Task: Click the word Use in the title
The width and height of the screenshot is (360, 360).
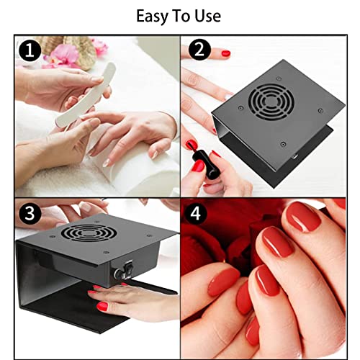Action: [207, 17]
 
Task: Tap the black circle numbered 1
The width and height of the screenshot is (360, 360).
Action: [30, 50]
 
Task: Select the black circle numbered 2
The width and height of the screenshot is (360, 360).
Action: [199, 50]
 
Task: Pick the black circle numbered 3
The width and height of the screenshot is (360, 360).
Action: [30, 213]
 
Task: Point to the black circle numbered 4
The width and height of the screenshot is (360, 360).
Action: [196, 213]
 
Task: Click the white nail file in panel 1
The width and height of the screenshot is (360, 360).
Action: [86, 94]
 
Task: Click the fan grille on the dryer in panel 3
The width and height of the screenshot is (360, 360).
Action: [89, 233]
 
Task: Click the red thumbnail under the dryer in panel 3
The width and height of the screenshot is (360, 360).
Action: [102, 307]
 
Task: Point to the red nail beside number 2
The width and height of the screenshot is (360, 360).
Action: [226, 53]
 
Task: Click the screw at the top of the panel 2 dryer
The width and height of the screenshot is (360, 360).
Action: [279, 78]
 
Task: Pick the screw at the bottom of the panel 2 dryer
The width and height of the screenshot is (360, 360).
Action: [283, 144]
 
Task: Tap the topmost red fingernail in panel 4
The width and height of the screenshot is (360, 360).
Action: [304, 217]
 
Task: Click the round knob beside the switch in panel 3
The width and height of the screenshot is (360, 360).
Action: [119, 273]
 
